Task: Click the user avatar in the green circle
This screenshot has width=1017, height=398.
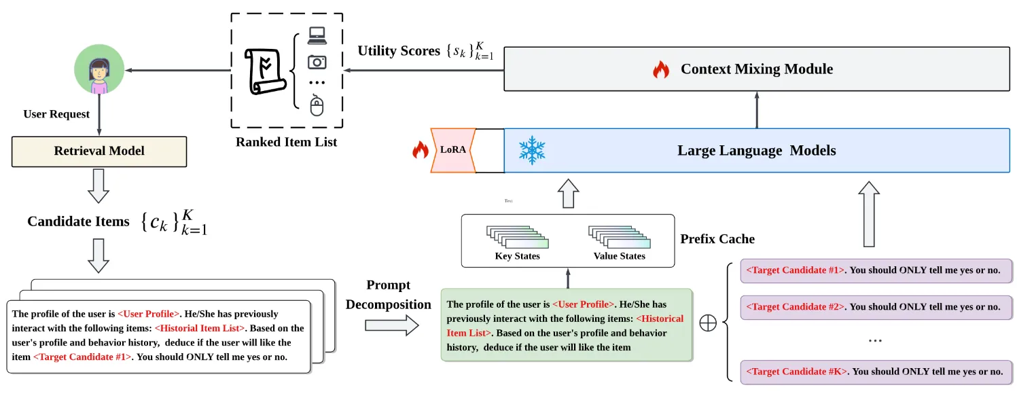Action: [x=99, y=69]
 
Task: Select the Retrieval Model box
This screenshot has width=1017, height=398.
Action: [x=99, y=151]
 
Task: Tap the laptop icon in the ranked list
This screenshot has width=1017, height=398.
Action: [x=317, y=36]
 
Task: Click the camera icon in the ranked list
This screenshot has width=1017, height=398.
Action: [x=317, y=62]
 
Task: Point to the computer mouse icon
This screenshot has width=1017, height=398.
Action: [x=317, y=105]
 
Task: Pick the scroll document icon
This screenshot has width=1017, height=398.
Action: [x=265, y=71]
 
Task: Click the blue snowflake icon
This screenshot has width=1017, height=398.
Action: [x=532, y=150]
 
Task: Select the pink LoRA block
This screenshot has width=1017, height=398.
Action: [x=453, y=150]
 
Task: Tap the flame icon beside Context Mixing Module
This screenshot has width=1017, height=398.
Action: [x=661, y=70]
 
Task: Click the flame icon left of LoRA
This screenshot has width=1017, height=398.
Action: [x=421, y=149]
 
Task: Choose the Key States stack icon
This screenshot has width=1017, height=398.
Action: [x=517, y=237]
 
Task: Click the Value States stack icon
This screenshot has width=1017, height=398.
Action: [x=620, y=237]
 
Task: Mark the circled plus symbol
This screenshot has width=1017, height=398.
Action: [x=708, y=323]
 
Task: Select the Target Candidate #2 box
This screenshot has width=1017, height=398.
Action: [x=876, y=307]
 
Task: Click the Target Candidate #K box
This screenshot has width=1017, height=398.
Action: [x=876, y=372]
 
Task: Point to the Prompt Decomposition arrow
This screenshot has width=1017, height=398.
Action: [x=392, y=325]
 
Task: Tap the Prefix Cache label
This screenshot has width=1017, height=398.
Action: [x=717, y=238]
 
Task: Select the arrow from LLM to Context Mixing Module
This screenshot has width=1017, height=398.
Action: [x=757, y=110]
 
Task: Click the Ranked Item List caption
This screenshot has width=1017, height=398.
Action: [x=286, y=142]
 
